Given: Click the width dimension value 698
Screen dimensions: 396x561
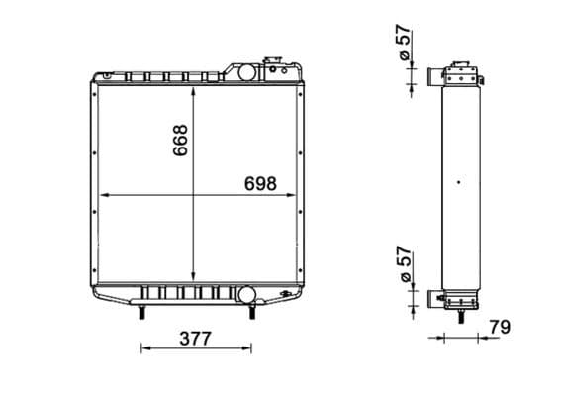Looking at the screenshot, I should (256, 184).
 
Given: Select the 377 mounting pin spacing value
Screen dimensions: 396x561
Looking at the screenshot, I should (196, 339).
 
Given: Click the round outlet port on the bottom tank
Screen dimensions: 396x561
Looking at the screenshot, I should (244, 294).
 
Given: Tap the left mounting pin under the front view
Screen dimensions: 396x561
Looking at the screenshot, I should (142, 312).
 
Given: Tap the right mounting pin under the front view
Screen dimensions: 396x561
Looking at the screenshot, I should (252, 312).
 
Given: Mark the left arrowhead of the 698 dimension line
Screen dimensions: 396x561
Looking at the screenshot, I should (98, 194).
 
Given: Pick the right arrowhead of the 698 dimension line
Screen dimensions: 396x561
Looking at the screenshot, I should (297, 194).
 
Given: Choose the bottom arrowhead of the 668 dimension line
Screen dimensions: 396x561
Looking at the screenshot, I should (196, 280).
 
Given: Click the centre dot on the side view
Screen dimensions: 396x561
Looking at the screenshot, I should (458, 181).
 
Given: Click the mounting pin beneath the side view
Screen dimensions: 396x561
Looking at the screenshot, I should (460, 316).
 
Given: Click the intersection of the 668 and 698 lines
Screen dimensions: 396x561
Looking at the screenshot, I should (196, 194).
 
